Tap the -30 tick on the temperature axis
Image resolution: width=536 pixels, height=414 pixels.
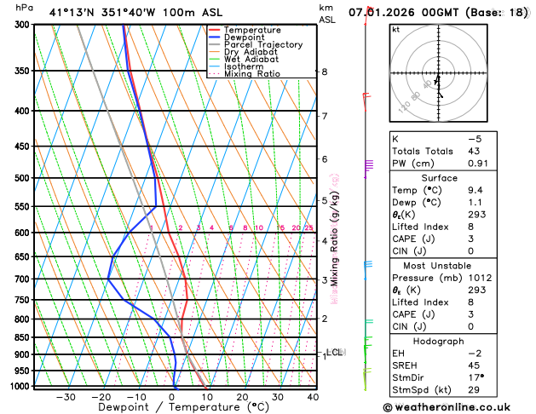(x=66, y=397)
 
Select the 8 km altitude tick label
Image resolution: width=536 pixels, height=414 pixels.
(x=325, y=72)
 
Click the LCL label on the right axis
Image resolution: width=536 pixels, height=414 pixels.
(x=334, y=352)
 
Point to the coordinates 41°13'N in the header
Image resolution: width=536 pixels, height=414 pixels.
(x=72, y=13)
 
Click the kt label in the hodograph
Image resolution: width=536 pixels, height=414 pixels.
(x=396, y=30)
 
